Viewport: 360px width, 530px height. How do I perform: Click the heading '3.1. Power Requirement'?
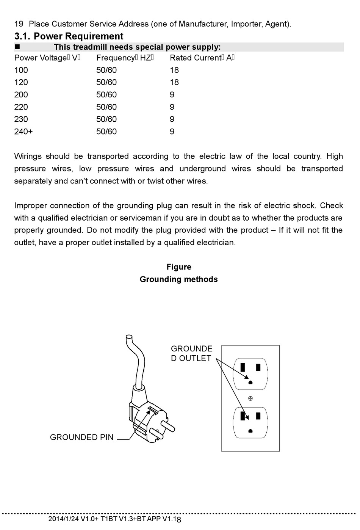69,36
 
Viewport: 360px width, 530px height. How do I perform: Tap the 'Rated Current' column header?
202,58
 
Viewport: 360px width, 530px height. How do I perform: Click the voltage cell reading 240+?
23,132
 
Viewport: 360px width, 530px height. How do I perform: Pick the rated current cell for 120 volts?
174,82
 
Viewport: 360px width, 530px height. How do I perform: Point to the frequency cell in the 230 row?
106,119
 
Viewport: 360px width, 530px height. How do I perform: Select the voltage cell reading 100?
21,70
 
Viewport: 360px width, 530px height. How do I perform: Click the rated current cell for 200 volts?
172,95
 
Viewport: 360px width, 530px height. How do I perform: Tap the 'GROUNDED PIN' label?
81,437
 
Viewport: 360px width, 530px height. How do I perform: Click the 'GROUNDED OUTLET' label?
191,353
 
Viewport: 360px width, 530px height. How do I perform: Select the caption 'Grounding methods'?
178,279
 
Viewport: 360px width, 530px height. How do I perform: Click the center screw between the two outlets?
250,398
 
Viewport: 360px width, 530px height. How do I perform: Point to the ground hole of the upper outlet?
250,383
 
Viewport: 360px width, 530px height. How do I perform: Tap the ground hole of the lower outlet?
250,431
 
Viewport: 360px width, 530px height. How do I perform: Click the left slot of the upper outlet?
243,367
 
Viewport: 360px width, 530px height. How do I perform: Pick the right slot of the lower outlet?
258,416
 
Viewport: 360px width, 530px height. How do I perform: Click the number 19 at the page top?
19,24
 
